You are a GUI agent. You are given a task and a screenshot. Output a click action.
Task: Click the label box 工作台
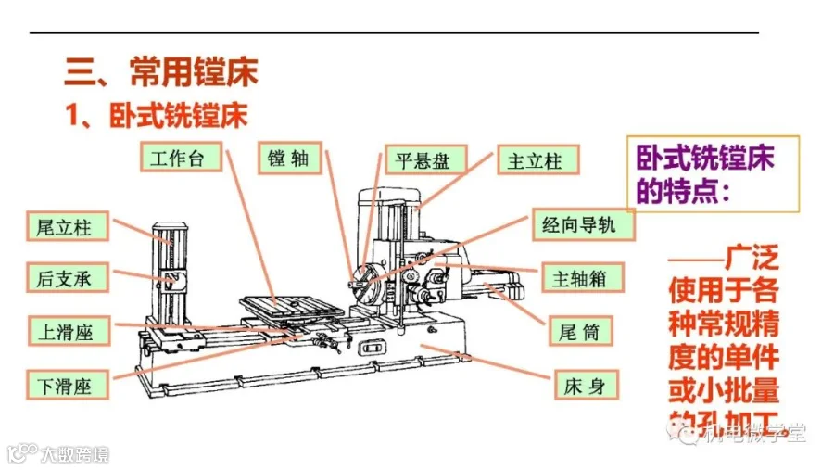point(183,158)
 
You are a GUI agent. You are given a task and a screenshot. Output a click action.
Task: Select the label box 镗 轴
point(288,158)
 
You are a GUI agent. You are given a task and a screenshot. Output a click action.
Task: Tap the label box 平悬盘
point(422,159)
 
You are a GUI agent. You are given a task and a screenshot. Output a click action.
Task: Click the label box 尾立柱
point(65,225)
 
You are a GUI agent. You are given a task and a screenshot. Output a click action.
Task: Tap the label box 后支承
point(65,277)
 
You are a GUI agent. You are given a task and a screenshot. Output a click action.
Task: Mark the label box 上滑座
point(65,330)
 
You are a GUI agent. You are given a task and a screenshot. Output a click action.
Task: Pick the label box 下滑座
point(65,383)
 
